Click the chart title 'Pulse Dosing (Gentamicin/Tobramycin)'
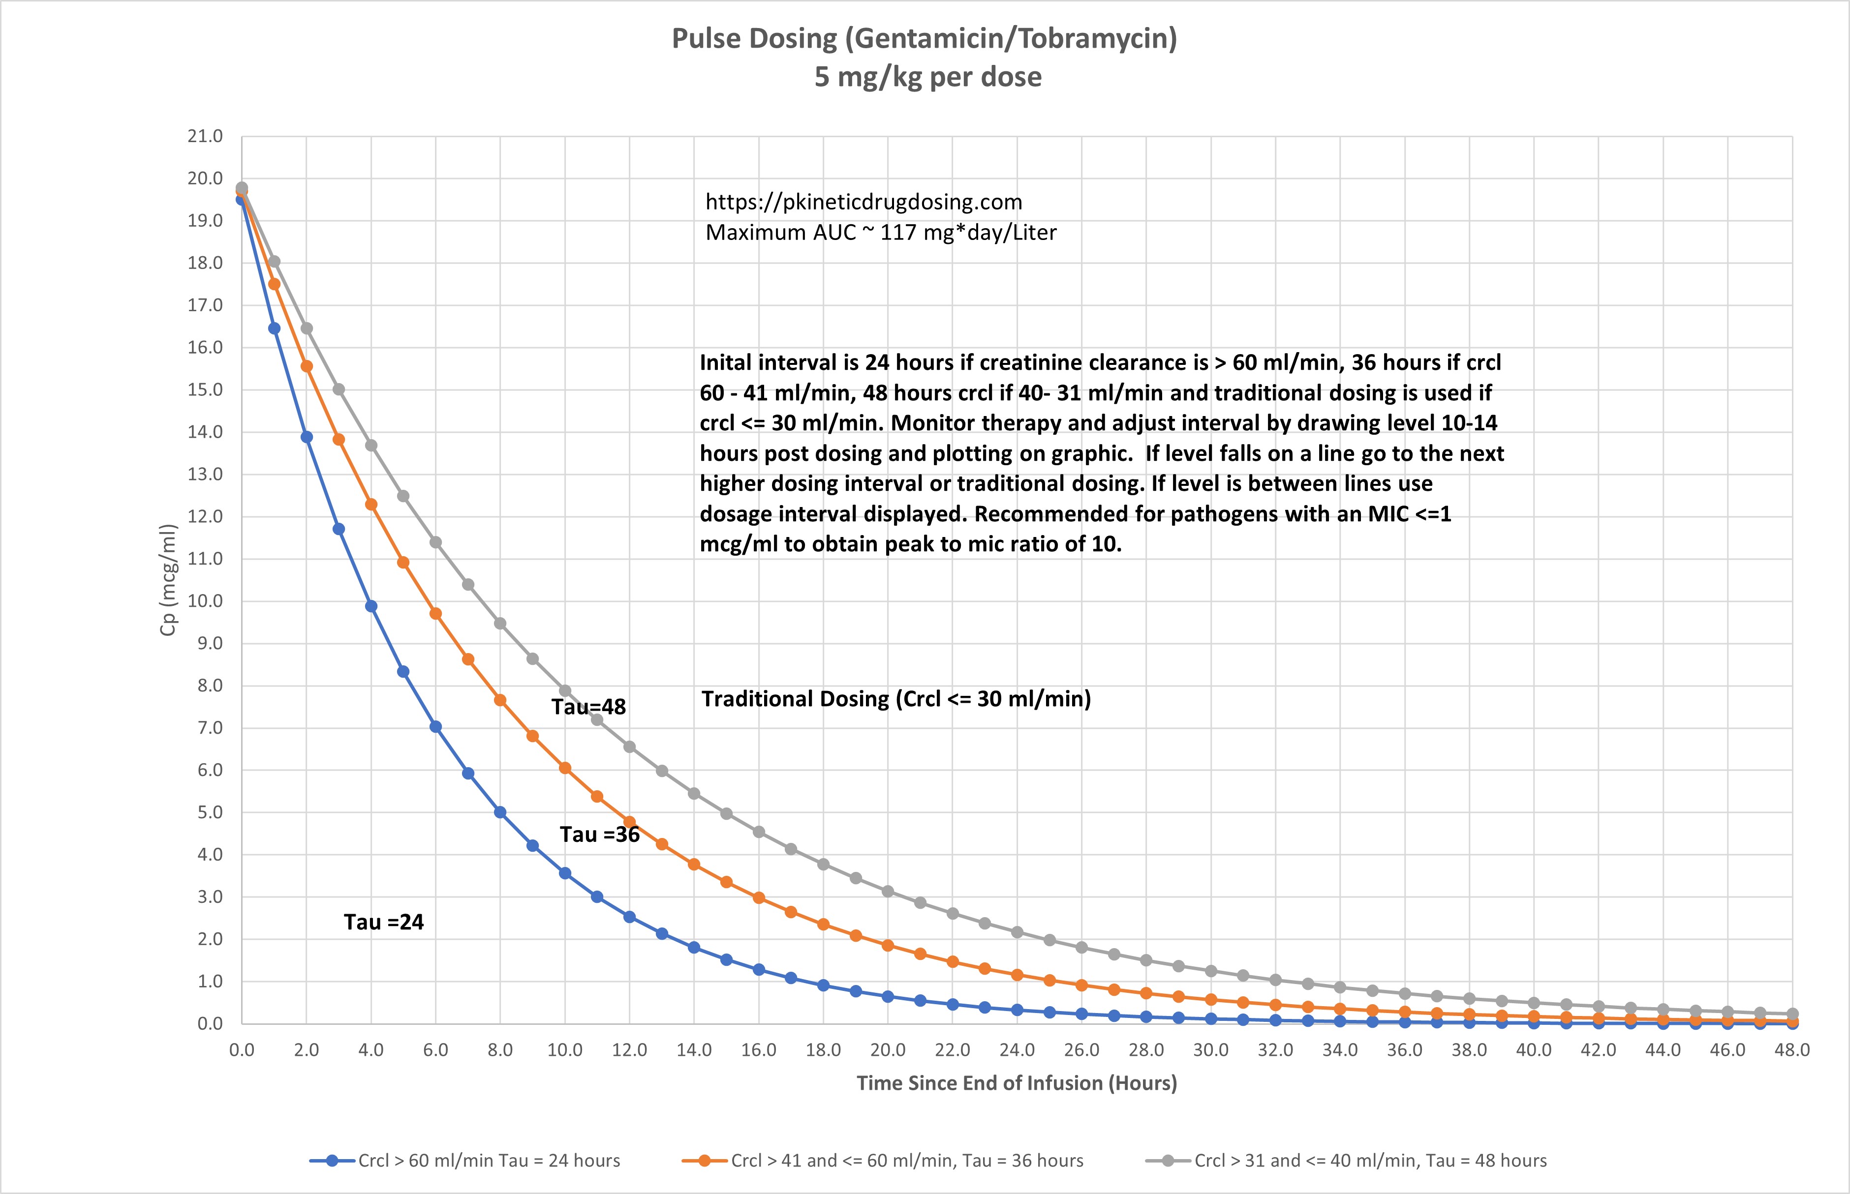click(x=924, y=39)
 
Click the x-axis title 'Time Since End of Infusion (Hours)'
click(x=1016, y=1083)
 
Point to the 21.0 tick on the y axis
click(x=205, y=136)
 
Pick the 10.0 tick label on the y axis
click(x=205, y=601)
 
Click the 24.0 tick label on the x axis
click(x=1016, y=1050)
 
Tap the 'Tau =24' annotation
click(x=384, y=922)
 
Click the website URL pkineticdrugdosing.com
click(x=863, y=202)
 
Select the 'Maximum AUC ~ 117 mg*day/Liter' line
click(x=880, y=233)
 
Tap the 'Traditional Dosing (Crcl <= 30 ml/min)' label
click(x=896, y=699)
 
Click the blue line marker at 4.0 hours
click(x=371, y=606)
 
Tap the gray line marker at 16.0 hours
click(x=759, y=832)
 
